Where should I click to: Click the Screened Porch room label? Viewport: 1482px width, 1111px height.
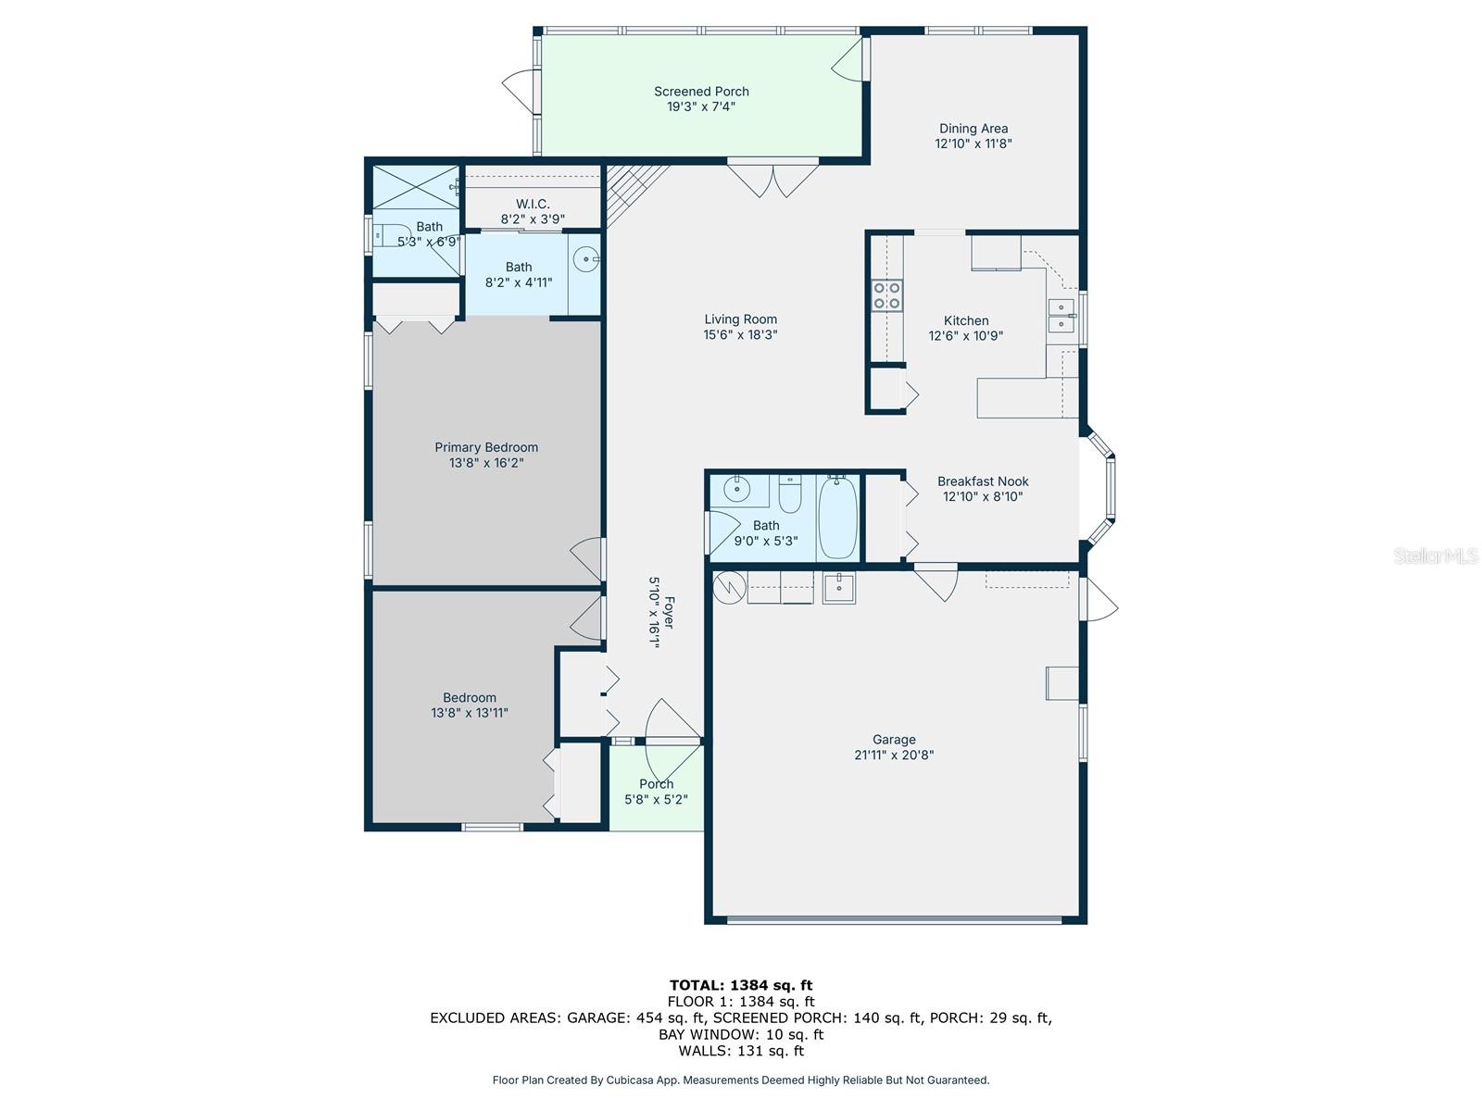coord(701,91)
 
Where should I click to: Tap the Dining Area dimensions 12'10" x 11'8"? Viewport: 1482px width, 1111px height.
coord(973,144)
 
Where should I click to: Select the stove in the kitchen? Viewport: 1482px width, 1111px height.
coord(886,294)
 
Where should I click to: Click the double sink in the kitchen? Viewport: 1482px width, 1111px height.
coord(1061,316)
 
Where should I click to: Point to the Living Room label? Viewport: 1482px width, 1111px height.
coord(740,319)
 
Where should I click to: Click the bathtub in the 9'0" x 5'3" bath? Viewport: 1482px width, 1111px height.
coord(838,517)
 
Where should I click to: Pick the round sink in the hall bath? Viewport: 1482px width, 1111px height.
coord(736,488)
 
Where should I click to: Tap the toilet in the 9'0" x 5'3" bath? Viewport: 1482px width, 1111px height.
coord(789,494)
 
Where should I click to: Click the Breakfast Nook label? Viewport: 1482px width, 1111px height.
coord(983,481)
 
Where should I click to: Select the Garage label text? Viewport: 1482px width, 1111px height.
coord(894,740)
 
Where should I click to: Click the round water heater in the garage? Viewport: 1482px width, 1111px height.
coord(730,588)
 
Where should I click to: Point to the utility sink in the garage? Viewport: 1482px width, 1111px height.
coord(838,588)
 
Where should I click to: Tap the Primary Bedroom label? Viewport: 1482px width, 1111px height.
coord(486,447)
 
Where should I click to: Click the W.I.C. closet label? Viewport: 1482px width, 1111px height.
coord(533,204)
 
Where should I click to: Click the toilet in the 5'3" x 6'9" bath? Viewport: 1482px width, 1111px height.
coord(391,236)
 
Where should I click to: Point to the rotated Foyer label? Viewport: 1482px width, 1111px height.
coord(669,613)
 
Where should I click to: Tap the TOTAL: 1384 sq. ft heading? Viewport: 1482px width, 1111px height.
coord(741,985)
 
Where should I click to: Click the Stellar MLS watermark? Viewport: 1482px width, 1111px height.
coord(1436,555)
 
